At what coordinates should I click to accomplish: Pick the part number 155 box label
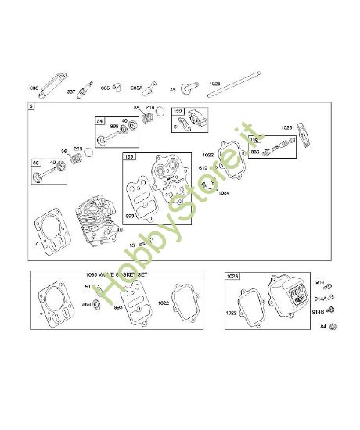coord(129,156)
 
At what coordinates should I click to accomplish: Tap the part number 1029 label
coord(286,127)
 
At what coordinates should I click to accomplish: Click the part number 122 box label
coord(178,111)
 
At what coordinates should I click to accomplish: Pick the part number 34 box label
coord(99,121)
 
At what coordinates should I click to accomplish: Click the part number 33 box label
coord(36,162)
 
